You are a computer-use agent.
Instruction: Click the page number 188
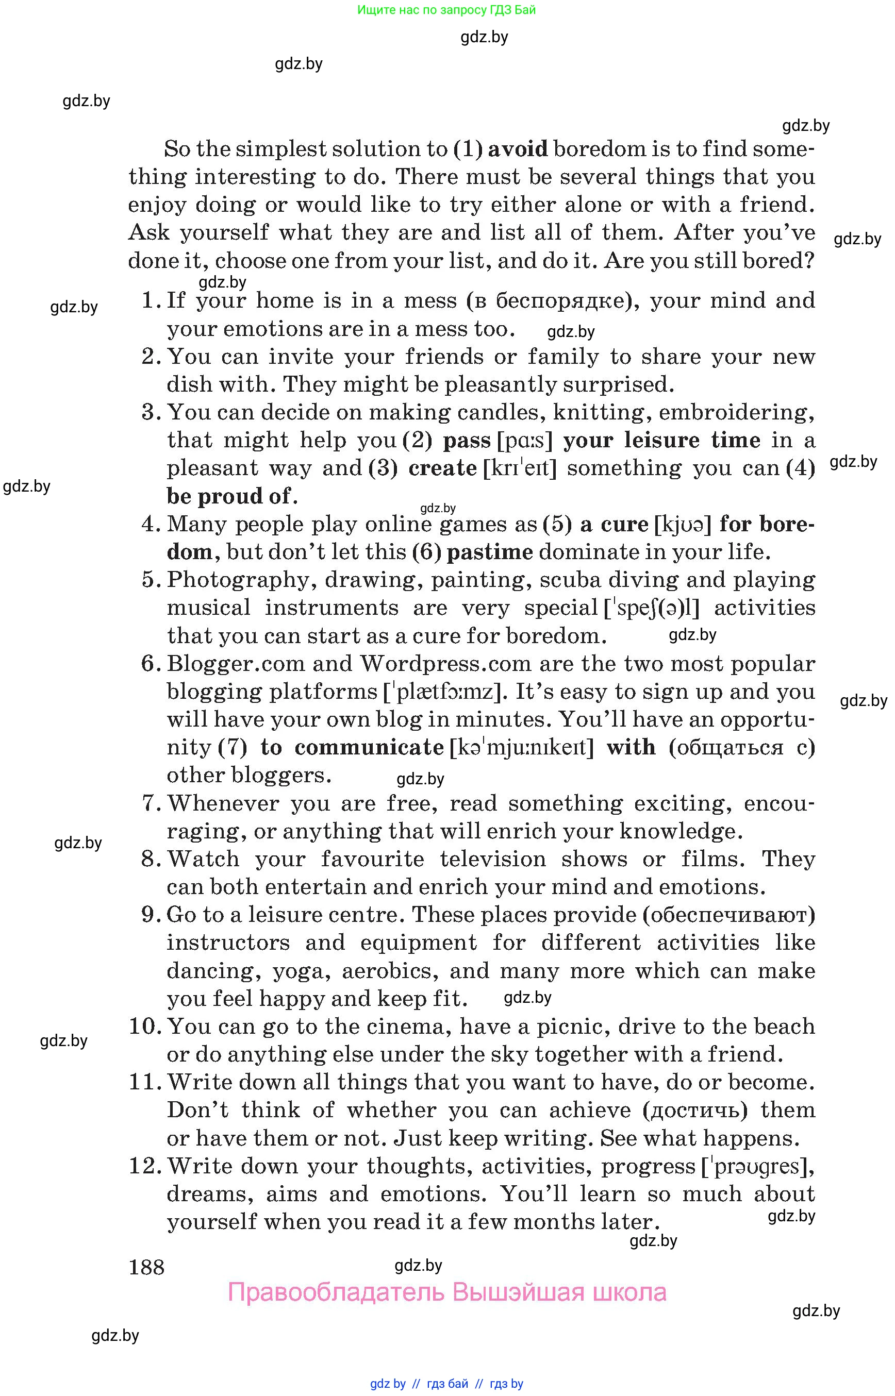coord(146,1267)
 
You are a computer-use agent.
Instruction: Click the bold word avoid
coord(517,149)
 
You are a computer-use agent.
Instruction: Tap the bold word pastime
coord(489,552)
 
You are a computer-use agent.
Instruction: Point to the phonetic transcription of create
coord(520,468)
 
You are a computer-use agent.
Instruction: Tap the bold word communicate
coord(369,747)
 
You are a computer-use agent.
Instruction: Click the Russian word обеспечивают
coord(729,915)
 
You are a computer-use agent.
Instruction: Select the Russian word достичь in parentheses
coord(695,1110)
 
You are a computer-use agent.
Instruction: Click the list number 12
coord(144,1166)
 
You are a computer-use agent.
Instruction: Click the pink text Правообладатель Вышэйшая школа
coord(447,1292)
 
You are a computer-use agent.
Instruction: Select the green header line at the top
coord(446,10)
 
